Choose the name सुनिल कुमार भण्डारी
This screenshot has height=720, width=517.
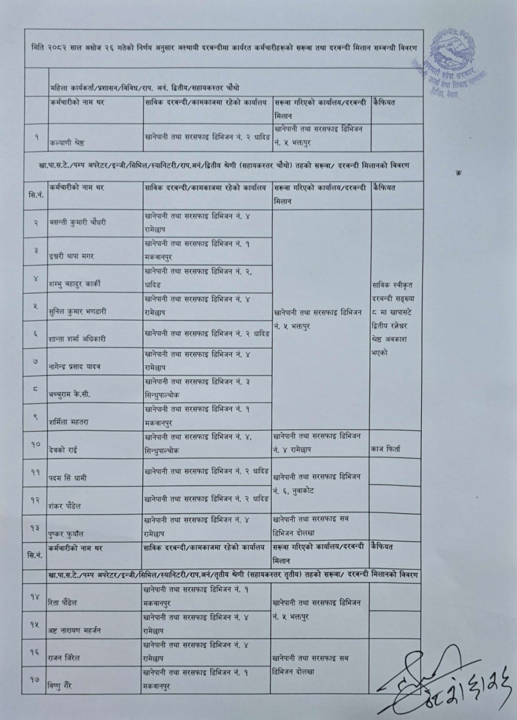(78, 311)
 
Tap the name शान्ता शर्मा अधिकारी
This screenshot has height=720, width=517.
(79, 339)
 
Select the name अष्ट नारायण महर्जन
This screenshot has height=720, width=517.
(75, 630)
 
